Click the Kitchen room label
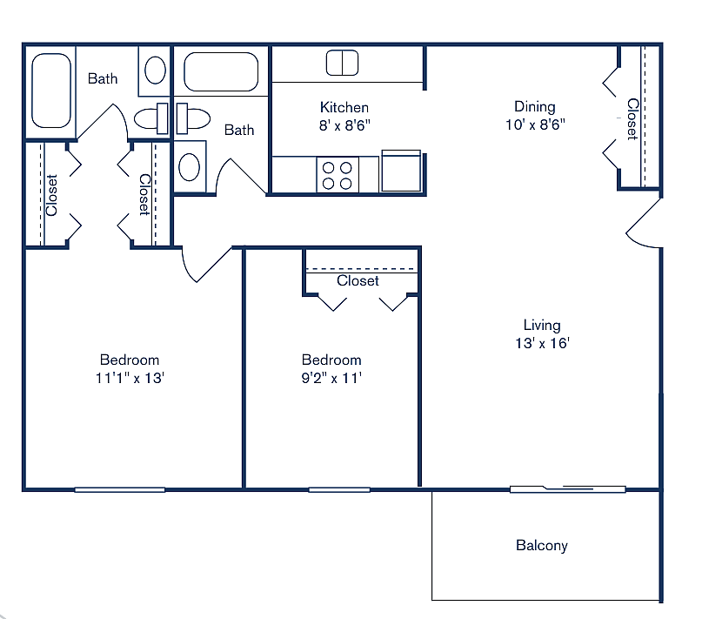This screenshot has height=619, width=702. [x=344, y=107]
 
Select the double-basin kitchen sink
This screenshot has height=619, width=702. [x=342, y=63]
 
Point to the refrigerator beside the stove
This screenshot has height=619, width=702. [x=401, y=171]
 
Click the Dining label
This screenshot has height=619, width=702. [x=534, y=106]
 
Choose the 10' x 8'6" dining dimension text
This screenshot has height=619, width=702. [x=534, y=124]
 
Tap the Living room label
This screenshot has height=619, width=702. [x=541, y=326]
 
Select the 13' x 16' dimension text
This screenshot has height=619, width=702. [x=541, y=343]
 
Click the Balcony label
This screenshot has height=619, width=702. [x=541, y=546]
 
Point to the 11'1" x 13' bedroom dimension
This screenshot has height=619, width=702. [x=130, y=378]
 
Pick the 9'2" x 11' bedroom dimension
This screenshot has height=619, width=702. [x=331, y=378]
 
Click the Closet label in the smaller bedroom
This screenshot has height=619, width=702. [x=358, y=281]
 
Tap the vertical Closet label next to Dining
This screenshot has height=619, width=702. [x=632, y=118]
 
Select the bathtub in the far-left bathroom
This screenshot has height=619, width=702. [x=51, y=90]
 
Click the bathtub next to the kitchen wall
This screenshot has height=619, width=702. [x=221, y=72]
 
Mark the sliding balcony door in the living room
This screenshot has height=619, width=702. [x=567, y=489]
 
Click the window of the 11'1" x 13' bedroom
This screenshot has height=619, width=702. [x=119, y=489]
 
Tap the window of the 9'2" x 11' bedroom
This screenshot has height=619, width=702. [x=338, y=489]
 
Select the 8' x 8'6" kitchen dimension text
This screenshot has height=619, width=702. [x=344, y=124]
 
